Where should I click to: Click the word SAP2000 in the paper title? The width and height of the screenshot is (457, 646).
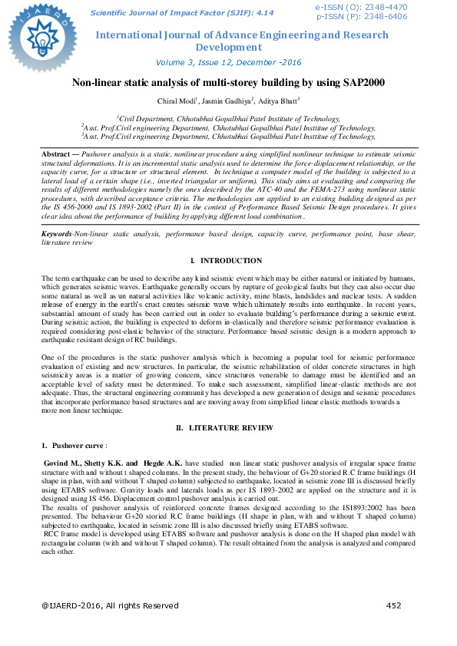[359, 83]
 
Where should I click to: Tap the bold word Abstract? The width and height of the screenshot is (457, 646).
[58, 154]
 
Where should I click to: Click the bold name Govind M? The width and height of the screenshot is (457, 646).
[63, 463]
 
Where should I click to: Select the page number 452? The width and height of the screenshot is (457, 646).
[394, 605]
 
